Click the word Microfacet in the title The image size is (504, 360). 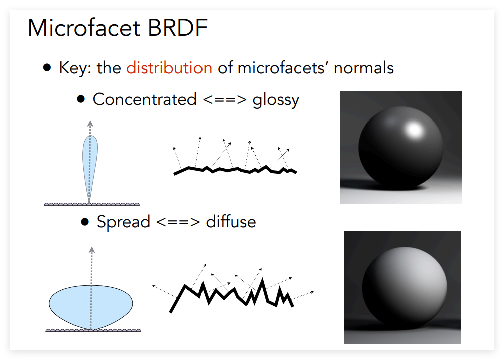pyautogui.click(x=84, y=28)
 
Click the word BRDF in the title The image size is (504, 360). pyautogui.click(x=177, y=28)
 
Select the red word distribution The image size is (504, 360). pyautogui.click(x=169, y=68)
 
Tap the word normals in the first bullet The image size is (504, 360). pyautogui.click(x=363, y=68)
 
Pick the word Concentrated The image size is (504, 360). pyautogui.click(x=145, y=99)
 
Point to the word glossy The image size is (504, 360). pyautogui.click(x=276, y=101)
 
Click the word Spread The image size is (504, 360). pyautogui.click(x=124, y=222)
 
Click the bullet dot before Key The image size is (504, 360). pyautogui.click(x=47, y=67)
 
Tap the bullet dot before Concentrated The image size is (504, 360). pyautogui.click(x=81, y=99)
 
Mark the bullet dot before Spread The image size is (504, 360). pyautogui.click(x=85, y=222)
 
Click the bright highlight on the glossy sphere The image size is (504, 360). pyautogui.click(x=414, y=130)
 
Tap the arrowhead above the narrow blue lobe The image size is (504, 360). pyautogui.click(x=90, y=124)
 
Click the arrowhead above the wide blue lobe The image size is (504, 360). pyautogui.click(x=92, y=250)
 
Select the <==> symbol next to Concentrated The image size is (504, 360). pyautogui.click(x=224, y=99)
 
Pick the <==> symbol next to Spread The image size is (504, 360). pyautogui.click(x=178, y=222)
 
